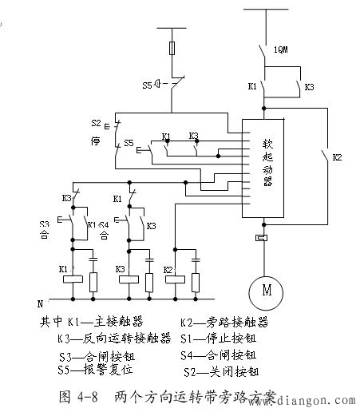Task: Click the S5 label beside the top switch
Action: pyautogui.click(x=146, y=82)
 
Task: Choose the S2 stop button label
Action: pyautogui.click(x=97, y=125)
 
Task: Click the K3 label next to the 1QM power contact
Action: pyautogui.click(x=309, y=85)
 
